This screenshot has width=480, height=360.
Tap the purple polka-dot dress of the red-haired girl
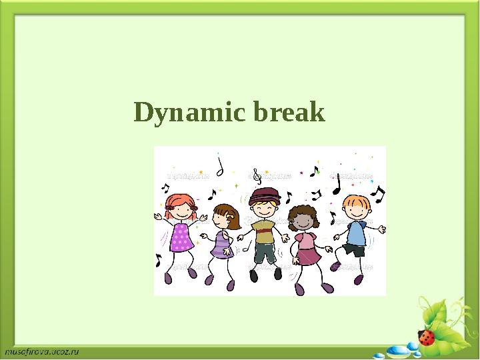tap(181, 237)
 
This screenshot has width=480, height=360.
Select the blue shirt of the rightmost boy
tap(356, 233)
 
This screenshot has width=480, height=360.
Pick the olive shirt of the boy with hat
tap(264, 233)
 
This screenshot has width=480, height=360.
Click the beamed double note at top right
tap(377, 193)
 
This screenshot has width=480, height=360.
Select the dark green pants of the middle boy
tap(264, 254)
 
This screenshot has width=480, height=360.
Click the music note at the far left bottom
tap(158, 260)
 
